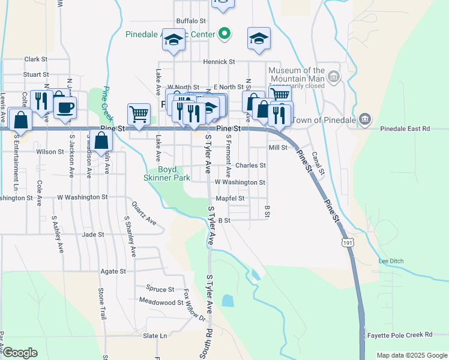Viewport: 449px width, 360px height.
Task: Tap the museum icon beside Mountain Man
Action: [x=334, y=76]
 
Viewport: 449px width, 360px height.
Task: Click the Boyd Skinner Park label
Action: [x=167, y=173]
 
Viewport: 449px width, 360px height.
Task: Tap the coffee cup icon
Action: [x=65, y=107]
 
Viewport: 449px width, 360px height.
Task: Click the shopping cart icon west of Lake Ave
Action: [x=139, y=113]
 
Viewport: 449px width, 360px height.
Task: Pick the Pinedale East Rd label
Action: [x=405, y=128]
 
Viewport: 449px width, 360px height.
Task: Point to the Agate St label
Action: [x=113, y=271]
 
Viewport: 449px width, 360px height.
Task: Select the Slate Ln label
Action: [x=155, y=335]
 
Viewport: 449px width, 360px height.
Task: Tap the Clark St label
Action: [x=36, y=59]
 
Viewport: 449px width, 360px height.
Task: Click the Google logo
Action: [x=20, y=353]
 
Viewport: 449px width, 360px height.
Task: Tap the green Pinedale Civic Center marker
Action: [x=224, y=34]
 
